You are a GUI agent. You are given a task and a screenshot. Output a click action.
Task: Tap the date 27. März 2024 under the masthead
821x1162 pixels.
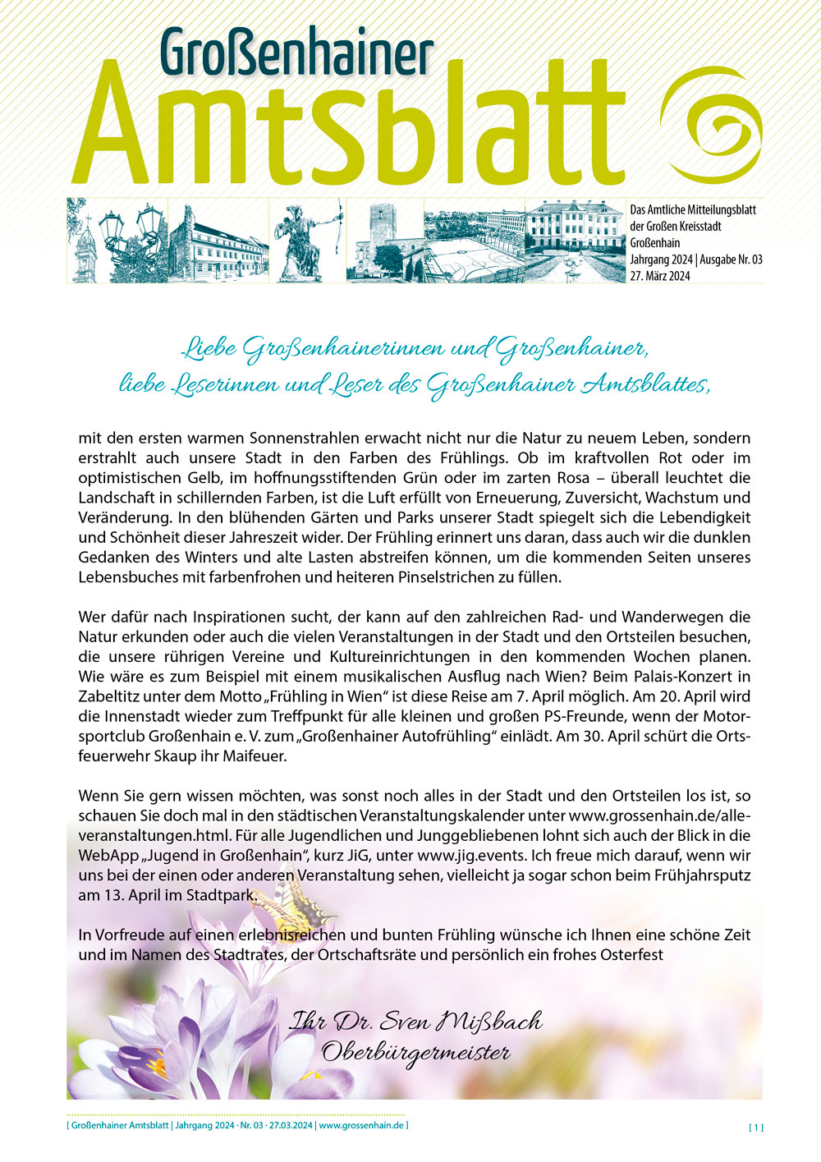(660, 276)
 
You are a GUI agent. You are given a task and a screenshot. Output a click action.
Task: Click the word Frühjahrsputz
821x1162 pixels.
(698, 875)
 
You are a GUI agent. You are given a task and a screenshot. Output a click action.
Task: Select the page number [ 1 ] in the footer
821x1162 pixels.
(755, 1128)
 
